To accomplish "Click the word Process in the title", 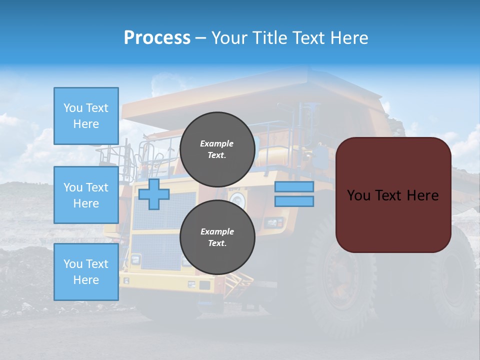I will click(157, 38).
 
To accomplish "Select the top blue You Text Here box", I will click(86, 116).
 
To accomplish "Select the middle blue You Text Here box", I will click(86, 195).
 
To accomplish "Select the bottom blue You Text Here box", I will click(86, 272).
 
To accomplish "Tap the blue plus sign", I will click(154, 194).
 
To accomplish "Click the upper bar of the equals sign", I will click(294, 186).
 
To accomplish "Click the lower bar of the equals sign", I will click(294, 201).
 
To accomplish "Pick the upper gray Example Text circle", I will click(217, 149).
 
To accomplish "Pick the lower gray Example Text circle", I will click(217, 237).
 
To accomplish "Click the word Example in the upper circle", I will click(216, 143).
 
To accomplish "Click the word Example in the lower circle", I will click(217, 231).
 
